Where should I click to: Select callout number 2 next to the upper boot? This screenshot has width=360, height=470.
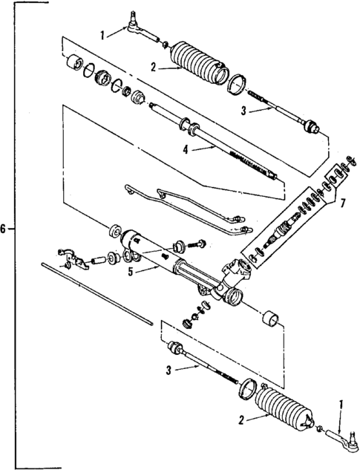tap(153, 66)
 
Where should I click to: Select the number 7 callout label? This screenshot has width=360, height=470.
tap(342, 202)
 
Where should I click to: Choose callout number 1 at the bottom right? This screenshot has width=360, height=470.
tap(341, 405)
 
